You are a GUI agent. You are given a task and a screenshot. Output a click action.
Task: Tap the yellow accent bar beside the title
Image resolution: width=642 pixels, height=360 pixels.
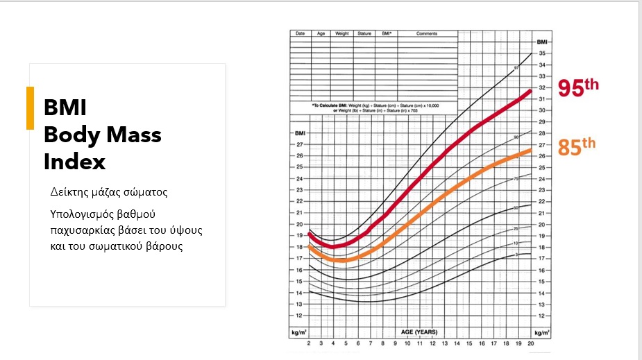[30, 108]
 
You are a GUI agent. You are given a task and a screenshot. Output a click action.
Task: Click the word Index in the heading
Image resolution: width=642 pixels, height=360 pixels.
[74, 162]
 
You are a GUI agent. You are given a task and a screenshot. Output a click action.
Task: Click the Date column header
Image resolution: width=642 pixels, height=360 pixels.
[300, 33]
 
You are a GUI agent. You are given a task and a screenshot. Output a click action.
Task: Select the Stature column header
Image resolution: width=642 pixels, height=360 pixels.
[364, 33]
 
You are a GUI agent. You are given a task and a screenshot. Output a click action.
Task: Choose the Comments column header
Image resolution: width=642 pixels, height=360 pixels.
[427, 33]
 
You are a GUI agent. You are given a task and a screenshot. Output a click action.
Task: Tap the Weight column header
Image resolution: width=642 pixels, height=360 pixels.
[342, 33]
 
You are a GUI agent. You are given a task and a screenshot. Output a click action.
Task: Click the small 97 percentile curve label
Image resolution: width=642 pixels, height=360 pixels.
[516, 68]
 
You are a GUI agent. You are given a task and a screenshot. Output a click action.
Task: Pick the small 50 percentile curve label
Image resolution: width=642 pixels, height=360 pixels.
[516, 207]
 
